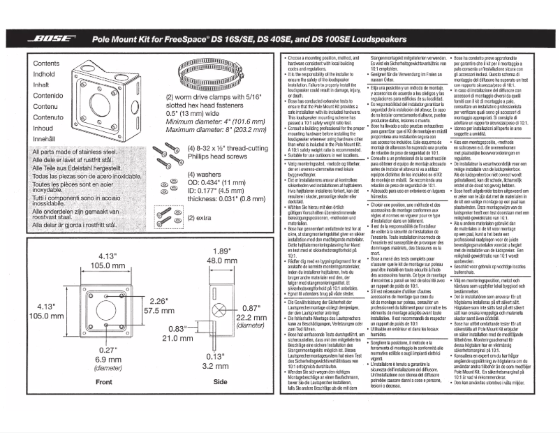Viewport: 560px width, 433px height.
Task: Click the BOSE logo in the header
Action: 53,39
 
